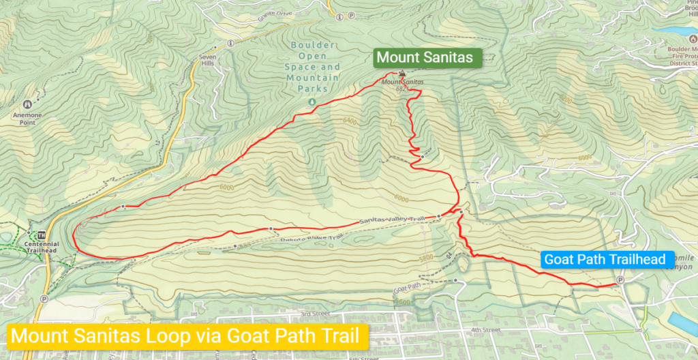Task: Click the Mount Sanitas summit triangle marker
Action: (402, 74)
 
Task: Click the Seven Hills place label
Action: (206, 61)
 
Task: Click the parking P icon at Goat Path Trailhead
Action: (620, 280)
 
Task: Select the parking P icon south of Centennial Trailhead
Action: (45, 299)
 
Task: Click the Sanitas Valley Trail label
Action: (392, 220)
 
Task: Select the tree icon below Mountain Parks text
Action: (312, 102)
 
